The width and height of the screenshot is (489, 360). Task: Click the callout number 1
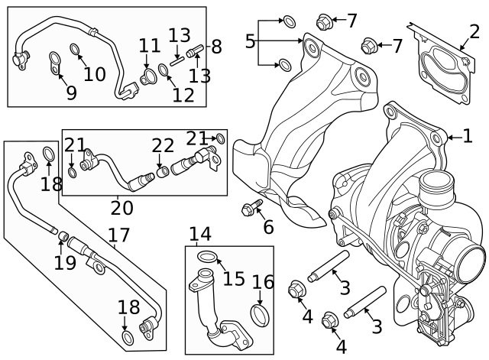pos(467,137)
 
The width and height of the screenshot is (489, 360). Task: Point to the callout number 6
pos(267,227)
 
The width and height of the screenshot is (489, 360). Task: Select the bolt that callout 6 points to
pos(250,207)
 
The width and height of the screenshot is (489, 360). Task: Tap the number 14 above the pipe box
pos(200,234)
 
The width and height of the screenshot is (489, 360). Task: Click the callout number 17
pos(119,237)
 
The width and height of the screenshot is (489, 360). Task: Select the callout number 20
pos(121,207)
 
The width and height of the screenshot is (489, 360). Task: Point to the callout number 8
pos(216,47)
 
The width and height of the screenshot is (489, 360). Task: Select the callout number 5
pos(250,41)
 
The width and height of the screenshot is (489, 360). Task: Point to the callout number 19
pos(64,262)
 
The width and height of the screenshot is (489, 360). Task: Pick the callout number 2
pos(474,31)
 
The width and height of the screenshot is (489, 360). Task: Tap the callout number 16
pos(262,283)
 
